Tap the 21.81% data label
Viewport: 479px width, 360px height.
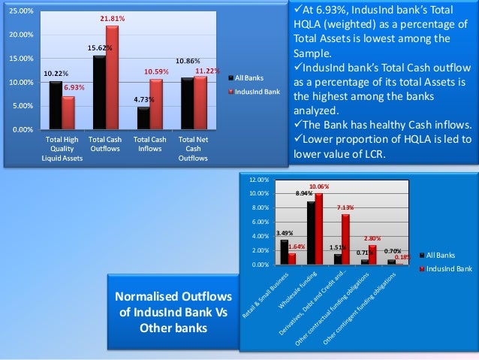113,18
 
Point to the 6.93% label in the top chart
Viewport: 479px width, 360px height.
73,88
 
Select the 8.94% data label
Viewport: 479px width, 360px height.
304,194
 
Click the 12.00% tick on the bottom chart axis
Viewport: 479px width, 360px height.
258,180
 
